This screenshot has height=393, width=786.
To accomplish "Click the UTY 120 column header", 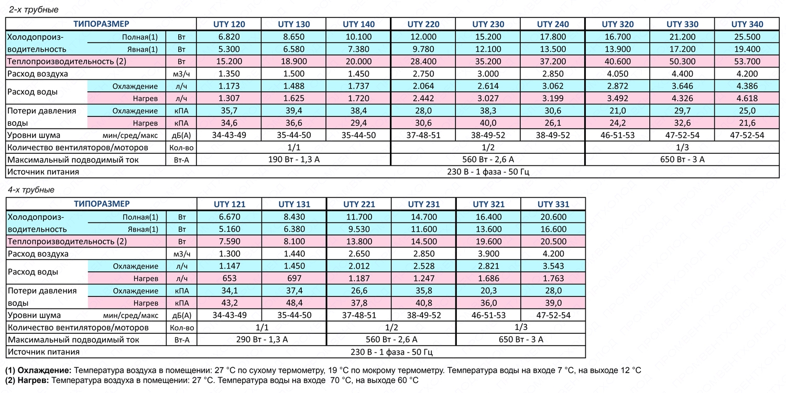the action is (x=229, y=24).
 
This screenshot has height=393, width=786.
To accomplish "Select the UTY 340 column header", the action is (x=747, y=24).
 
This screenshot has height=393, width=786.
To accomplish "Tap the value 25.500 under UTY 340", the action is (x=747, y=37).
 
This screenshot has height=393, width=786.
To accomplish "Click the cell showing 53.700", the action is (x=747, y=61).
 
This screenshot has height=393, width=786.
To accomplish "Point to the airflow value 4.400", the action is (x=682, y=74).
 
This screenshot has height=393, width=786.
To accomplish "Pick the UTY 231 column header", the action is (x=423, y=204).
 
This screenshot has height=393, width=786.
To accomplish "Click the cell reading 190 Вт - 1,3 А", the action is (x=293, y=160).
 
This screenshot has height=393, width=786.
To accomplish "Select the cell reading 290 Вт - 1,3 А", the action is (x=262, y=339).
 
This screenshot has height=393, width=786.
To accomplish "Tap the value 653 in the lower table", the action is (x=230, y=278).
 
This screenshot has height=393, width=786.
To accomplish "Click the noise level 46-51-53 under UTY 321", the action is (x=488, y=315).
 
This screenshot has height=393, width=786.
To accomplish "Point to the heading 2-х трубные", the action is (x=34, y=10).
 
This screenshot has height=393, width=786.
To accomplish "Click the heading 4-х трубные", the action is (x=31, y=189).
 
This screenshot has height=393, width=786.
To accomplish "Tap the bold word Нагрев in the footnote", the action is (x=34, y=380).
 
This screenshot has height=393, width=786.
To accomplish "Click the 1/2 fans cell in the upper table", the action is (x=488, y=147).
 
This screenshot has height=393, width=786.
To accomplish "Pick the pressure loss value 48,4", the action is (x=294, y=303).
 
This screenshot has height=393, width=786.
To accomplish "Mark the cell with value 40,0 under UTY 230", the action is (x=488, y=123).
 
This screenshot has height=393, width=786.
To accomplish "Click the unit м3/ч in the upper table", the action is (x=181, y=74).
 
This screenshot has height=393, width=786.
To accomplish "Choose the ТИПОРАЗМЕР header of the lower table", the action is (x=102, y=204).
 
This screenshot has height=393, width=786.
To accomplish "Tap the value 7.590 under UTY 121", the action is (x=230, y=241).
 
